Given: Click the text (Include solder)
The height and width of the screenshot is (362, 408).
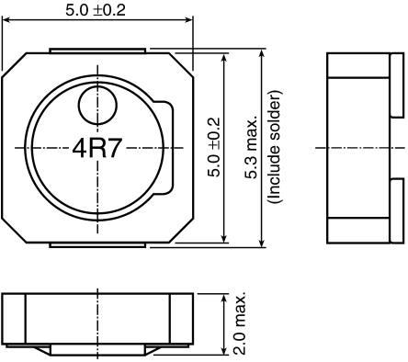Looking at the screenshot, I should (273, 147).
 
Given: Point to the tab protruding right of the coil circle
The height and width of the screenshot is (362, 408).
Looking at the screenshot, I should (166, 147).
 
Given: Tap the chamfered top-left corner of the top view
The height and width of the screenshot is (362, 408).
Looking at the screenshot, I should (13, 63).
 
